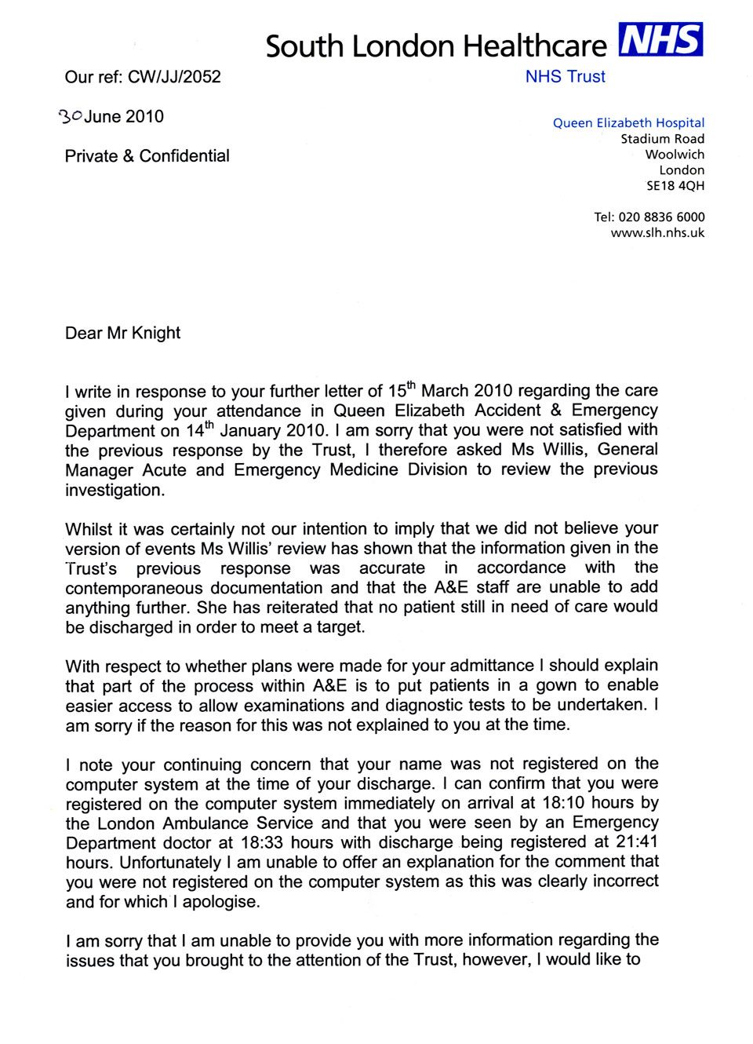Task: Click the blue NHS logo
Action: coord(660,39)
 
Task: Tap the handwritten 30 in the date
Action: coord(71,116)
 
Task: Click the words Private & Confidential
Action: coord(147,156)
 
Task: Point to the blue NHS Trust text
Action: coord(565,77)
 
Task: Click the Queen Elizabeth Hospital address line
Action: coord(628,122)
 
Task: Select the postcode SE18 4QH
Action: coord(675,186)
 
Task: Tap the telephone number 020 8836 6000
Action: coord(661,217)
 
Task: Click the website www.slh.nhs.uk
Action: coord(657,232)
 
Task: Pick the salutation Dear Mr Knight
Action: coord(122,333)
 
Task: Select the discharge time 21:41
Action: coord(636,841)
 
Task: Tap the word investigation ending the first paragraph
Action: coord(114,490)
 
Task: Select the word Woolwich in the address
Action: coord(675,155)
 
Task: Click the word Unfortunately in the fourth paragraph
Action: coord(169,862)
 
